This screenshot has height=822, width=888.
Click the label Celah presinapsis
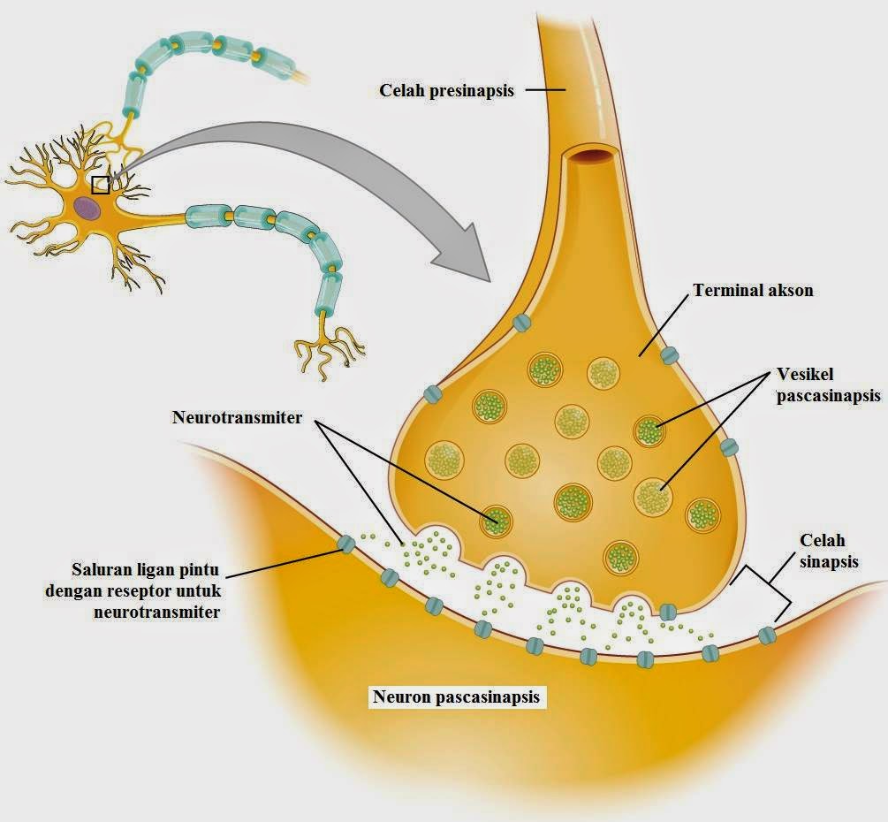pos(446,90)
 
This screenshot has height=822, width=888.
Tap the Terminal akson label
pos(753,289)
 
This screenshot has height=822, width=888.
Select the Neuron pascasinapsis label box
pos(455,696)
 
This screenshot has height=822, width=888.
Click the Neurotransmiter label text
pos(237,417)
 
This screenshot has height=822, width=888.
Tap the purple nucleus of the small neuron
pos(87,209)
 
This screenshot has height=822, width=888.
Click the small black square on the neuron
pos(101,184)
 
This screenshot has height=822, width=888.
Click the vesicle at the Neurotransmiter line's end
pos(495,521)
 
